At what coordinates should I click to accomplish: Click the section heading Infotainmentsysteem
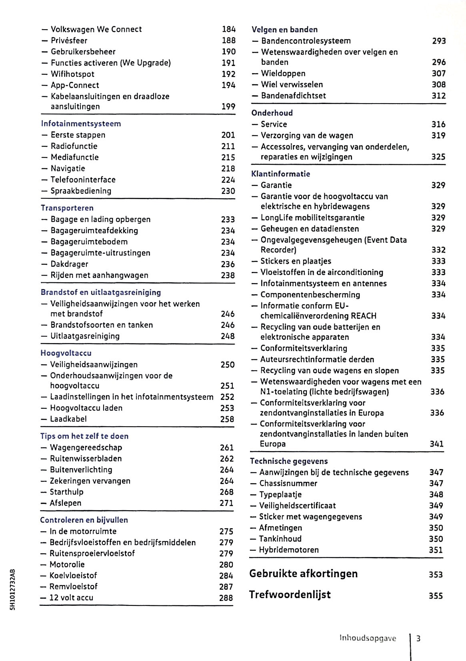tap(81, 124)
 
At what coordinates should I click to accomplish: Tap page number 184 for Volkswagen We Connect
tap(229, 29)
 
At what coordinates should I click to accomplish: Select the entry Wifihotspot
tap(72, 74)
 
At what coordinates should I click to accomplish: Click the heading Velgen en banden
tap(284, 30)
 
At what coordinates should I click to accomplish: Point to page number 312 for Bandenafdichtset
tap(438, 96)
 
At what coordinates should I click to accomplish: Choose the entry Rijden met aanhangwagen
tap(99, 275)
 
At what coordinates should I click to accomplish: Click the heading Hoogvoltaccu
tap(66, 353)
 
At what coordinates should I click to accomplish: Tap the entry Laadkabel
tap(68, 419)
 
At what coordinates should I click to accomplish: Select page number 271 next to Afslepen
tap(226, 503)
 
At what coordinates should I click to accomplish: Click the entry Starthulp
tap(66, 492)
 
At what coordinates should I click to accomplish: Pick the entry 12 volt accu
tap(71, 597)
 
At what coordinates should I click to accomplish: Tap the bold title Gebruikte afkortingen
tap(303, 574)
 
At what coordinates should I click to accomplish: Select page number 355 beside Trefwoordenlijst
tap(436, 596)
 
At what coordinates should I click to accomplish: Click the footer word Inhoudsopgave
tap(368, 638)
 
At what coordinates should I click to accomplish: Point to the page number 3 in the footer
tap(418, 638)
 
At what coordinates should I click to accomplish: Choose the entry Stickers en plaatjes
tap(296, 261)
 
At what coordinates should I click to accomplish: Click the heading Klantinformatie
tap(280, 174)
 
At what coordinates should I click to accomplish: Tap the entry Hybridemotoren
tap(288, 550)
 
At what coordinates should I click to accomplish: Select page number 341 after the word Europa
tap(436, 444)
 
